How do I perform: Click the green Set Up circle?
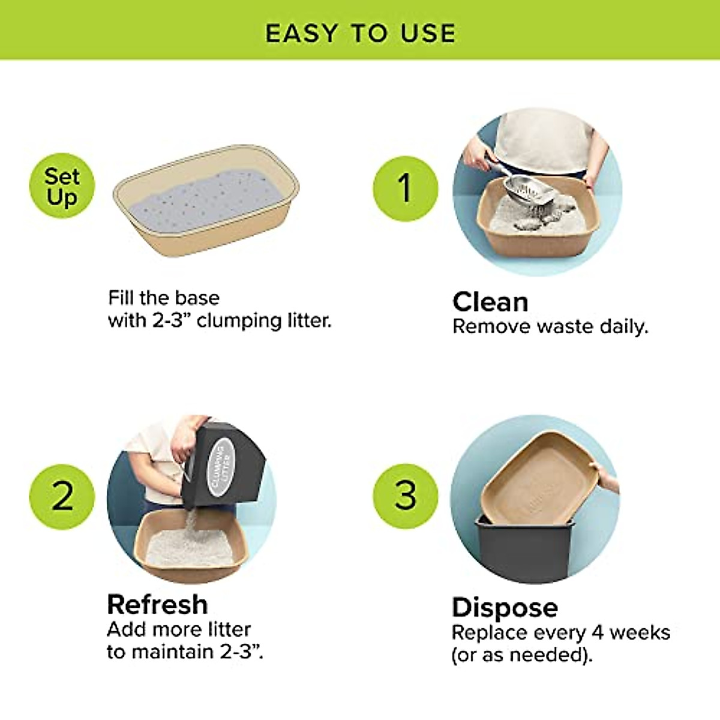[62, 186]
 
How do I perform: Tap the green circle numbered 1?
[406, 188]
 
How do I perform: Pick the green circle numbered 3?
[406, 496]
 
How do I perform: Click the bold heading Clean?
[490, 302]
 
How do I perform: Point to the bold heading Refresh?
[157, 604]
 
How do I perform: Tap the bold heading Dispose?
[505, 607]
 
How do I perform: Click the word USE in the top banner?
[428, 34]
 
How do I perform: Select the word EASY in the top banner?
[302, 34]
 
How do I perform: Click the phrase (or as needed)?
[521, 655]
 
